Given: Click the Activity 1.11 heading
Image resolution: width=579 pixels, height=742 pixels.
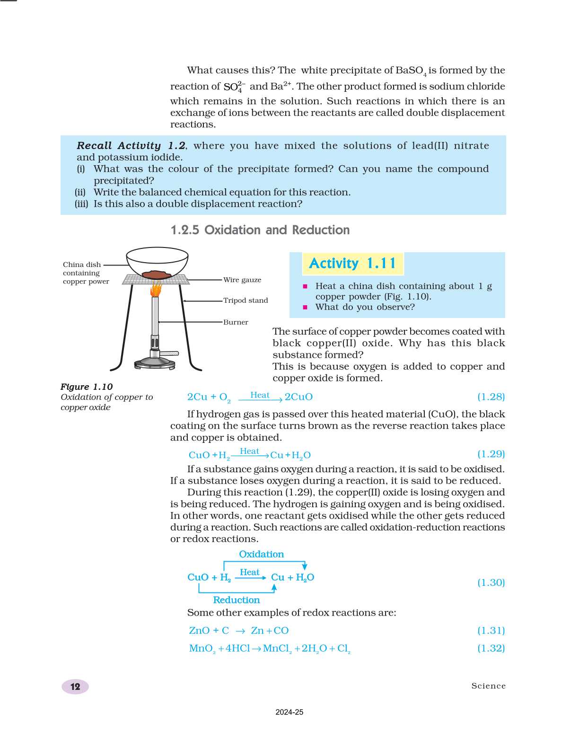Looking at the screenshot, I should [352, 264].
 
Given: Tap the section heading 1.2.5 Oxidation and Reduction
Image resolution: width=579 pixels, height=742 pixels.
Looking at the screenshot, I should [260, 230].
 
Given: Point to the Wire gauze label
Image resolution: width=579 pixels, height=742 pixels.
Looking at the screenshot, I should [242, 280].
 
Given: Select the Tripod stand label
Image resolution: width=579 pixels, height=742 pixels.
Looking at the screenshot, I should [246, 300].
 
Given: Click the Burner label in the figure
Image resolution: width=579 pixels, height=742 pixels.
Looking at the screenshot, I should [236, 322].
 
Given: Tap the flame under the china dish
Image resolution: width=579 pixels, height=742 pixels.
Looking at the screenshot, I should [156, 289].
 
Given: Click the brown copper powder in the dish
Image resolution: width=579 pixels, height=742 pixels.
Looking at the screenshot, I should [157, 274].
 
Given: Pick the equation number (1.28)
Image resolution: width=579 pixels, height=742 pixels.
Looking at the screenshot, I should [491, 397].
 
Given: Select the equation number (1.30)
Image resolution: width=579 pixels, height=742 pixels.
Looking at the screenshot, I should [491, 583].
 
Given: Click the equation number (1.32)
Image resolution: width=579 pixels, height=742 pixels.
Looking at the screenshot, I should [491, 648].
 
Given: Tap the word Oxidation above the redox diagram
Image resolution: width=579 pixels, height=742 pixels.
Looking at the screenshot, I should [261, 554].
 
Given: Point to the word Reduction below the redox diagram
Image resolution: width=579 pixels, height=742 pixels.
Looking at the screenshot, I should [237, 600].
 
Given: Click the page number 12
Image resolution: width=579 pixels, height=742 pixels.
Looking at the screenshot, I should [75, 687].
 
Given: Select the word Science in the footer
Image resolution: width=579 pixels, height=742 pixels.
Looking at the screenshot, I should [488, 686].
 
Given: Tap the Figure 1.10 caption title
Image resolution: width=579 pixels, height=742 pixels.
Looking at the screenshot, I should [87, 387].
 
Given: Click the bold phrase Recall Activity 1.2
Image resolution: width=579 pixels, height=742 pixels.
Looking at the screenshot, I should [131, 146].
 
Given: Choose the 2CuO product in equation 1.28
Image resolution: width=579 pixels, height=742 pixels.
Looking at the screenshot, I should [298, 397].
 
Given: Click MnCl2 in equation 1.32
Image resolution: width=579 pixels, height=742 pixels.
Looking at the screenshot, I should [277, 649].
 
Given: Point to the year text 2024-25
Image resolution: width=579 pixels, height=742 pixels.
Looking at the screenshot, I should [289, 712].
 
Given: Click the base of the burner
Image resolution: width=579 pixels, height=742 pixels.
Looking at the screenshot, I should [155, 364].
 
